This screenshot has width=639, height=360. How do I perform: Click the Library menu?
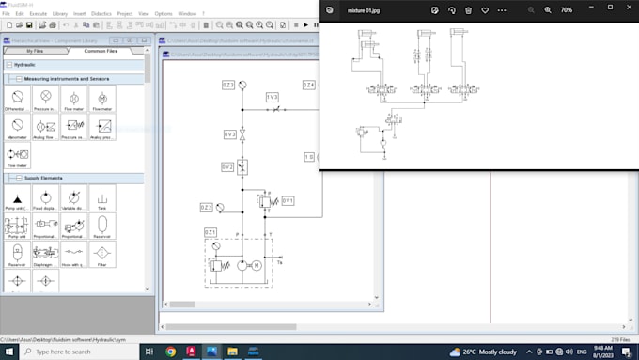[60, 14]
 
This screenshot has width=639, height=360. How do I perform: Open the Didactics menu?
[101, 14]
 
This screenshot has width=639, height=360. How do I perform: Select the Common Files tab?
[101, 51]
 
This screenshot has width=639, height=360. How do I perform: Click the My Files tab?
[36, 51]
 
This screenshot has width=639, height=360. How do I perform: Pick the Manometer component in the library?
[16, 126]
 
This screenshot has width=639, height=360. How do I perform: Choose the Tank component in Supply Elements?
[101, 198]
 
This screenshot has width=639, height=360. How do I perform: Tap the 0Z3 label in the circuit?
[227, 85]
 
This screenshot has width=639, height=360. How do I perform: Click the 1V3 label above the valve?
[272, 97]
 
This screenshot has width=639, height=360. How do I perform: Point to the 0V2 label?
[227, 166]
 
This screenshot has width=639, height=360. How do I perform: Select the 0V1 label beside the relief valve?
[288, 200]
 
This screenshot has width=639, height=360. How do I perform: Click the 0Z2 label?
[206, 207]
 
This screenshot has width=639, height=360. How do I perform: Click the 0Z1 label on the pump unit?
[210, 231]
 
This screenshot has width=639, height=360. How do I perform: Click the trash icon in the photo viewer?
[468, 9]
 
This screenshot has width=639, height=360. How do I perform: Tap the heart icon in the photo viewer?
[485, 9]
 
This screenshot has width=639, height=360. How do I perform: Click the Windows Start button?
[9, 351]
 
